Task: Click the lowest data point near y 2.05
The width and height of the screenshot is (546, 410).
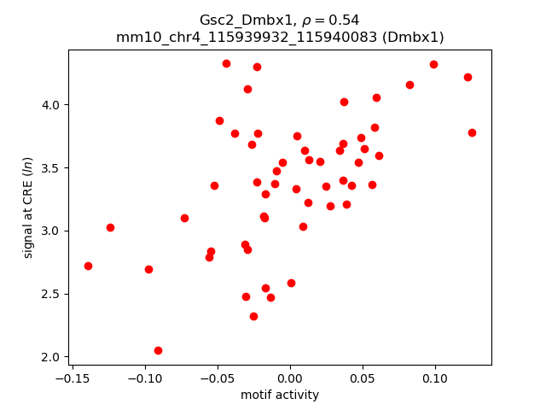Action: [158, 350]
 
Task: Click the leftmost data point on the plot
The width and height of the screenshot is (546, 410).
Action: [88, 266]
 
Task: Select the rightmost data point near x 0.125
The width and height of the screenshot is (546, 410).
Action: [472, 132]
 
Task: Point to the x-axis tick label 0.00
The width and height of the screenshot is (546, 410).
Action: [290, 378]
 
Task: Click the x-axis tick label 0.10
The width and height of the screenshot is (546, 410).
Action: [435, 378]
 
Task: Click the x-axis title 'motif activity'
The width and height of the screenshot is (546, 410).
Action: [280, 395]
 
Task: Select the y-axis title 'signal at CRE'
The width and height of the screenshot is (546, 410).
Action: [28, 208]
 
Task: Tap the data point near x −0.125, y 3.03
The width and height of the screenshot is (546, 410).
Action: [110, 227]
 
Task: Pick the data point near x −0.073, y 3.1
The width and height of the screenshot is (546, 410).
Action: [184, 218]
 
